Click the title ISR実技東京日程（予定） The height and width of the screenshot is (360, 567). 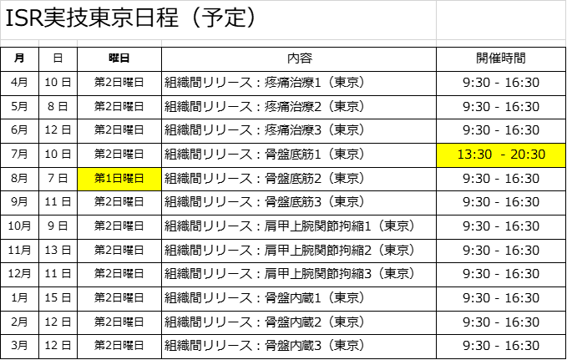(130, 18)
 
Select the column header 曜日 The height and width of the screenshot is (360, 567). (119, 58)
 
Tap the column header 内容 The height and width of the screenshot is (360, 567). (300, 58)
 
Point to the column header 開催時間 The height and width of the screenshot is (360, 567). (501, 58)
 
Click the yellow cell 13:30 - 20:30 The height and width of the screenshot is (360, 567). (501, 155)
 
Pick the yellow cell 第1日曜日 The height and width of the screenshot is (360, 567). (119, 179)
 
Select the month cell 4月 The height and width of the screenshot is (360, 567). (19, 83)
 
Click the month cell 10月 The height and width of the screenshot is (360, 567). (19, 226)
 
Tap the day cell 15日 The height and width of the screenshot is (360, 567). (58, 298)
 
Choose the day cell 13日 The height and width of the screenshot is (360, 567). (58, 251)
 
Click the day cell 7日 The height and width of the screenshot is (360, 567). (58, 179)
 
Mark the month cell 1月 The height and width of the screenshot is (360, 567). (19, 298)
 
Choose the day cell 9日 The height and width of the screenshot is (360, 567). (58, 226)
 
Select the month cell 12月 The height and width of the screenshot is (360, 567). (19, 274)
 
